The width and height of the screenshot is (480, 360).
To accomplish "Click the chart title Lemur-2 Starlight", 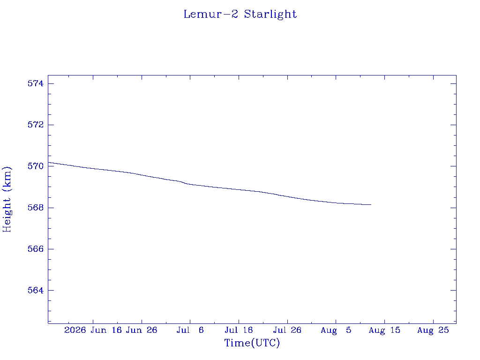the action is point(240,15).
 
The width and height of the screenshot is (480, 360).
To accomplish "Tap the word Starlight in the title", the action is point(270,15).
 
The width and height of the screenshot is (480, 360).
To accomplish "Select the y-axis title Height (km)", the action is point(7,199).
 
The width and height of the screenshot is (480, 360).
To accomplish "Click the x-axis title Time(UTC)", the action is point(252,343).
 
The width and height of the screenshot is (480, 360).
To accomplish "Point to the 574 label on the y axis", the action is point(36,83).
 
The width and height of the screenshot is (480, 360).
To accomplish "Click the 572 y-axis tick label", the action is point(36,125).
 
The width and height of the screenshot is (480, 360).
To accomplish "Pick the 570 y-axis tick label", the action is point(36,166).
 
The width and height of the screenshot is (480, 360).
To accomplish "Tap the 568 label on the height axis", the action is point(36,208).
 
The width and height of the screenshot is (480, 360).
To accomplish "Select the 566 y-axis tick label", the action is point(36,249).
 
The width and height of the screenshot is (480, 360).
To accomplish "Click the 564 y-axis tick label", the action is point(36,290).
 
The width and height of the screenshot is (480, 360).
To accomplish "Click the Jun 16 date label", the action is point(106,330).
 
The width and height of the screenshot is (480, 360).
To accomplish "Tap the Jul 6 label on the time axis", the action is point(190,330).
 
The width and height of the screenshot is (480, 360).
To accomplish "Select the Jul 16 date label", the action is point(239,330).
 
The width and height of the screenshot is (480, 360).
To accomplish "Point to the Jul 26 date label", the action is point(287,330).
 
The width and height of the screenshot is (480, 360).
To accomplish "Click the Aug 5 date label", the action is point(336,330).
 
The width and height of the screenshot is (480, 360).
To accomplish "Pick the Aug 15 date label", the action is point(384,330).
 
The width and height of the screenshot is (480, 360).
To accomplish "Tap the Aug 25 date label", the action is point(433,330).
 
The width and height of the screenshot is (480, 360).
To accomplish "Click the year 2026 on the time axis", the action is point(75,330).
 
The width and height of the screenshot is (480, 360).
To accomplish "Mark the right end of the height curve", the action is point(371,204).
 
